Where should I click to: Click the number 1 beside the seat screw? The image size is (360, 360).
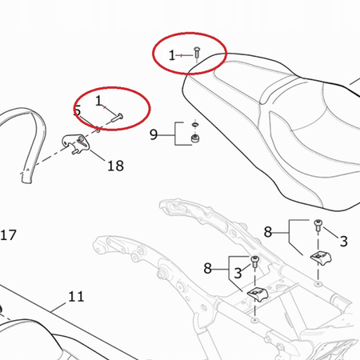tap(172, 54)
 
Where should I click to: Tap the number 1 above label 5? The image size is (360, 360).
tap(100, 102)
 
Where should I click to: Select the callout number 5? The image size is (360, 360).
tap(78, 111)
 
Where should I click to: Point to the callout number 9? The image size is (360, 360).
tap(154, 134)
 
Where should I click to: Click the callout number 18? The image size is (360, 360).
tap(115, 166)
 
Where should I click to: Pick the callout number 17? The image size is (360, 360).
tap(8, 235)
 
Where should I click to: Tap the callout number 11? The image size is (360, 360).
tap(76, 296)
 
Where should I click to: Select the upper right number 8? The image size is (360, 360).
tap(270, 233)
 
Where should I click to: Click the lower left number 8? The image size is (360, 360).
tap(208, 267)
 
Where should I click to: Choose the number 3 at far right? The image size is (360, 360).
tap(343, 241)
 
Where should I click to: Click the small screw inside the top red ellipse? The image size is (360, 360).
tap(197, 55)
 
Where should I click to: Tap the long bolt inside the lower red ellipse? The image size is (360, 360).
tap(114, 118)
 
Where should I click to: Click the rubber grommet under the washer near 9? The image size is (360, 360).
tap(193, 141)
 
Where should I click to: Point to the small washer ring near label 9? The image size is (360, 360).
tap(193, 125)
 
